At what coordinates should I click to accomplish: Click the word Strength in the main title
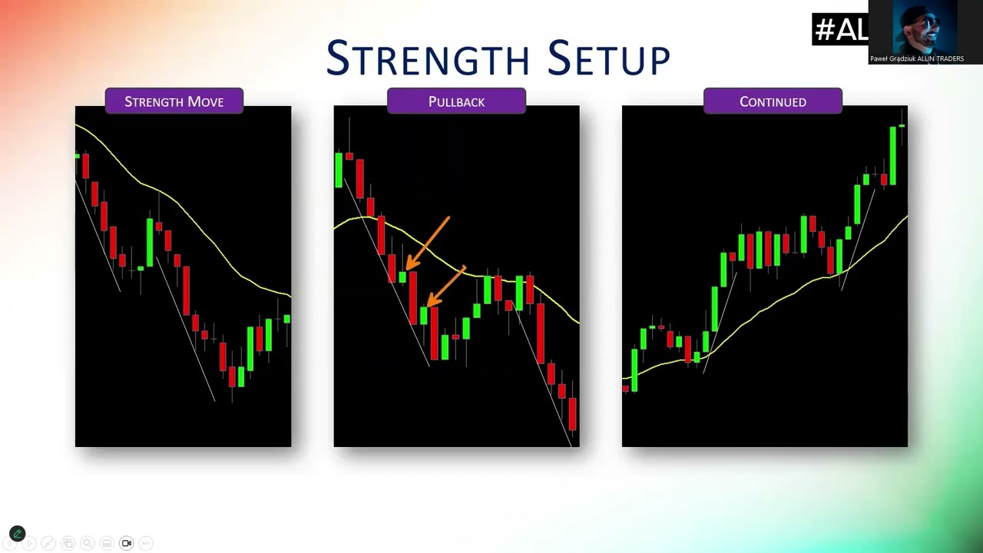point(428,58)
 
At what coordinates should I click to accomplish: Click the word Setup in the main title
point(609,58)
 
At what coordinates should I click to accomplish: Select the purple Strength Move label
point(174,101)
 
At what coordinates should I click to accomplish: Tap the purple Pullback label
point(456,101)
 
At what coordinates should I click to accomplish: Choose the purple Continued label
point(773,101)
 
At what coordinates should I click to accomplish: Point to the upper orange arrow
point(428,243)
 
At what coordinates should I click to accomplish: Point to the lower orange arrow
point(446,286)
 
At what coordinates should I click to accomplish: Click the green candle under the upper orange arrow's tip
point(402,277)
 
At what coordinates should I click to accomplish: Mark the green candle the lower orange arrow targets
point(423,315)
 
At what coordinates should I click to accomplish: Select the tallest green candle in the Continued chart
point(892,155)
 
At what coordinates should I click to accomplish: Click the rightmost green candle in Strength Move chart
point(287,319)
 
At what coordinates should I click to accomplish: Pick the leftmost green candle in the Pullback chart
point(339,171)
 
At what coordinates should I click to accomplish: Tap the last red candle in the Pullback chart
point(572,414)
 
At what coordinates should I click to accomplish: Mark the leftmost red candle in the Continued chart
point(626,389)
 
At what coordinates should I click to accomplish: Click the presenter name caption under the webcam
point(917,59)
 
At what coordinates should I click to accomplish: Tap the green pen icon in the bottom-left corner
point(17,534)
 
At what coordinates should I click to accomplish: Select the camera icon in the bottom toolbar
point(127,543)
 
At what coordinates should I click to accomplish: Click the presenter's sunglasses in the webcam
point(926,22)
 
